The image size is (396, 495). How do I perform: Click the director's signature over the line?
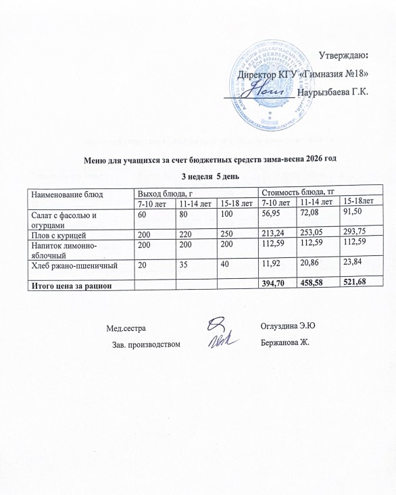[x=269, y=89]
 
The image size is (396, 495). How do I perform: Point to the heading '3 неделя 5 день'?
[x=209, y=176]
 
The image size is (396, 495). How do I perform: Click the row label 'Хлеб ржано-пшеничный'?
[x=70, y=267]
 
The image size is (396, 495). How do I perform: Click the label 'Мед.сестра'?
[x=126, y=329]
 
